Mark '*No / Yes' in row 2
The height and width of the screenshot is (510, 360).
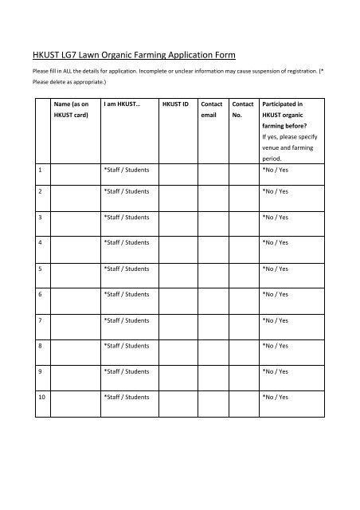click(x=276, y=192)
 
